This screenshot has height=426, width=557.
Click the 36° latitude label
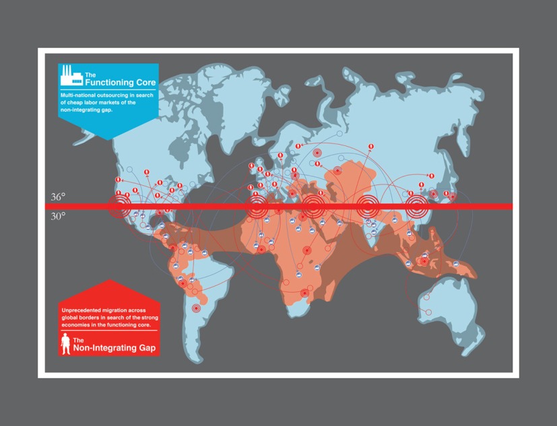[59, 198]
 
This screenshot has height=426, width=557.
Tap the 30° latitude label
[59, 216]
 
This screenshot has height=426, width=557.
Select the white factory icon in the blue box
[71, 77]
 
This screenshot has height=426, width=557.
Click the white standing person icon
[65, 345]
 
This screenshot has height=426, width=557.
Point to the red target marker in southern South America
[196, 308]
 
